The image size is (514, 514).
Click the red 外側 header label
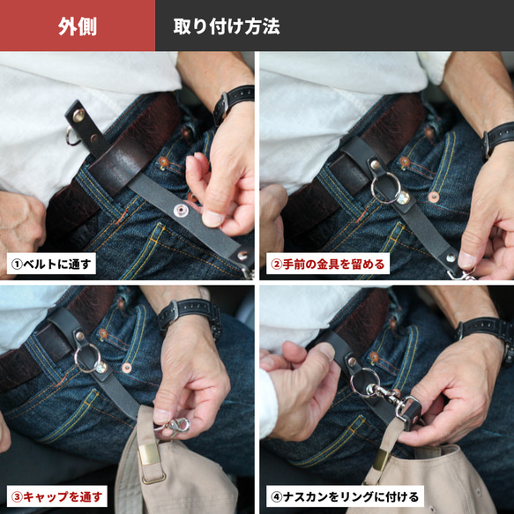tap(78, 26)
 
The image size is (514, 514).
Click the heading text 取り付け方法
tap(227, 26)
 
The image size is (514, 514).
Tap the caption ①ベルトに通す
tap(51, 264)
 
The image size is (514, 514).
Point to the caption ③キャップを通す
tap(56, 495)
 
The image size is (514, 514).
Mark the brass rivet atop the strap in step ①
tap(78, 113)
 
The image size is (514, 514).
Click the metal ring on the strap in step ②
tap(386, 191)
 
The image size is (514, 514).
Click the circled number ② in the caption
tap(275, 264)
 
